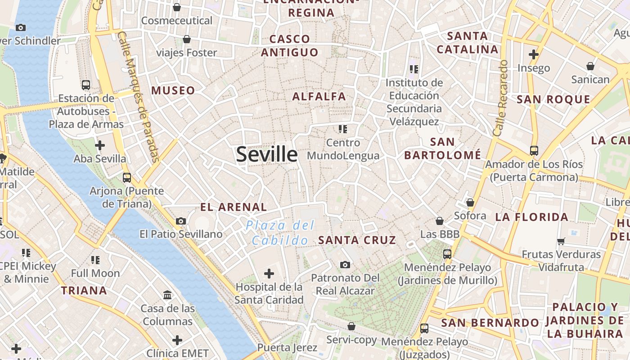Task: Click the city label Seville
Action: (x=266, y=154)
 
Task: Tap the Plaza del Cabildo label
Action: (x=280, y=233)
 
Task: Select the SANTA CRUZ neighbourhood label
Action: (x=357, y=240)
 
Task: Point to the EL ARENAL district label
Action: (x=234, y=207)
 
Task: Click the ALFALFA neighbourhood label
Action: (x=319, y=96)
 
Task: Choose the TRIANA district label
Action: (x=84, y=291)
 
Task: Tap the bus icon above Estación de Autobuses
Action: (x=85, y=85)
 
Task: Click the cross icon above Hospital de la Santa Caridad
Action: (x=269, y=273)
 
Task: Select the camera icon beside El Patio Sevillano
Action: (x=181, y=221)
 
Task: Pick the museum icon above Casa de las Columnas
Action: (x=167, y=295)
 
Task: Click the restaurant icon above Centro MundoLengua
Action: (x=343, y=129)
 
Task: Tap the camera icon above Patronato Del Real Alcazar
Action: (x=345, y=265)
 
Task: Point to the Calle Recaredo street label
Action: (x=500, y=98)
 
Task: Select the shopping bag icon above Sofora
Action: (x=470, y=203)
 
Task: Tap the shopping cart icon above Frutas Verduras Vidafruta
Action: (x=561, y=241)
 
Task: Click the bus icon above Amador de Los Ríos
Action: (x=534, y=151)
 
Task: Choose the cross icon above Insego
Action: (x=534, y=55)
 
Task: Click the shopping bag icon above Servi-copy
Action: (x=351, y=326)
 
